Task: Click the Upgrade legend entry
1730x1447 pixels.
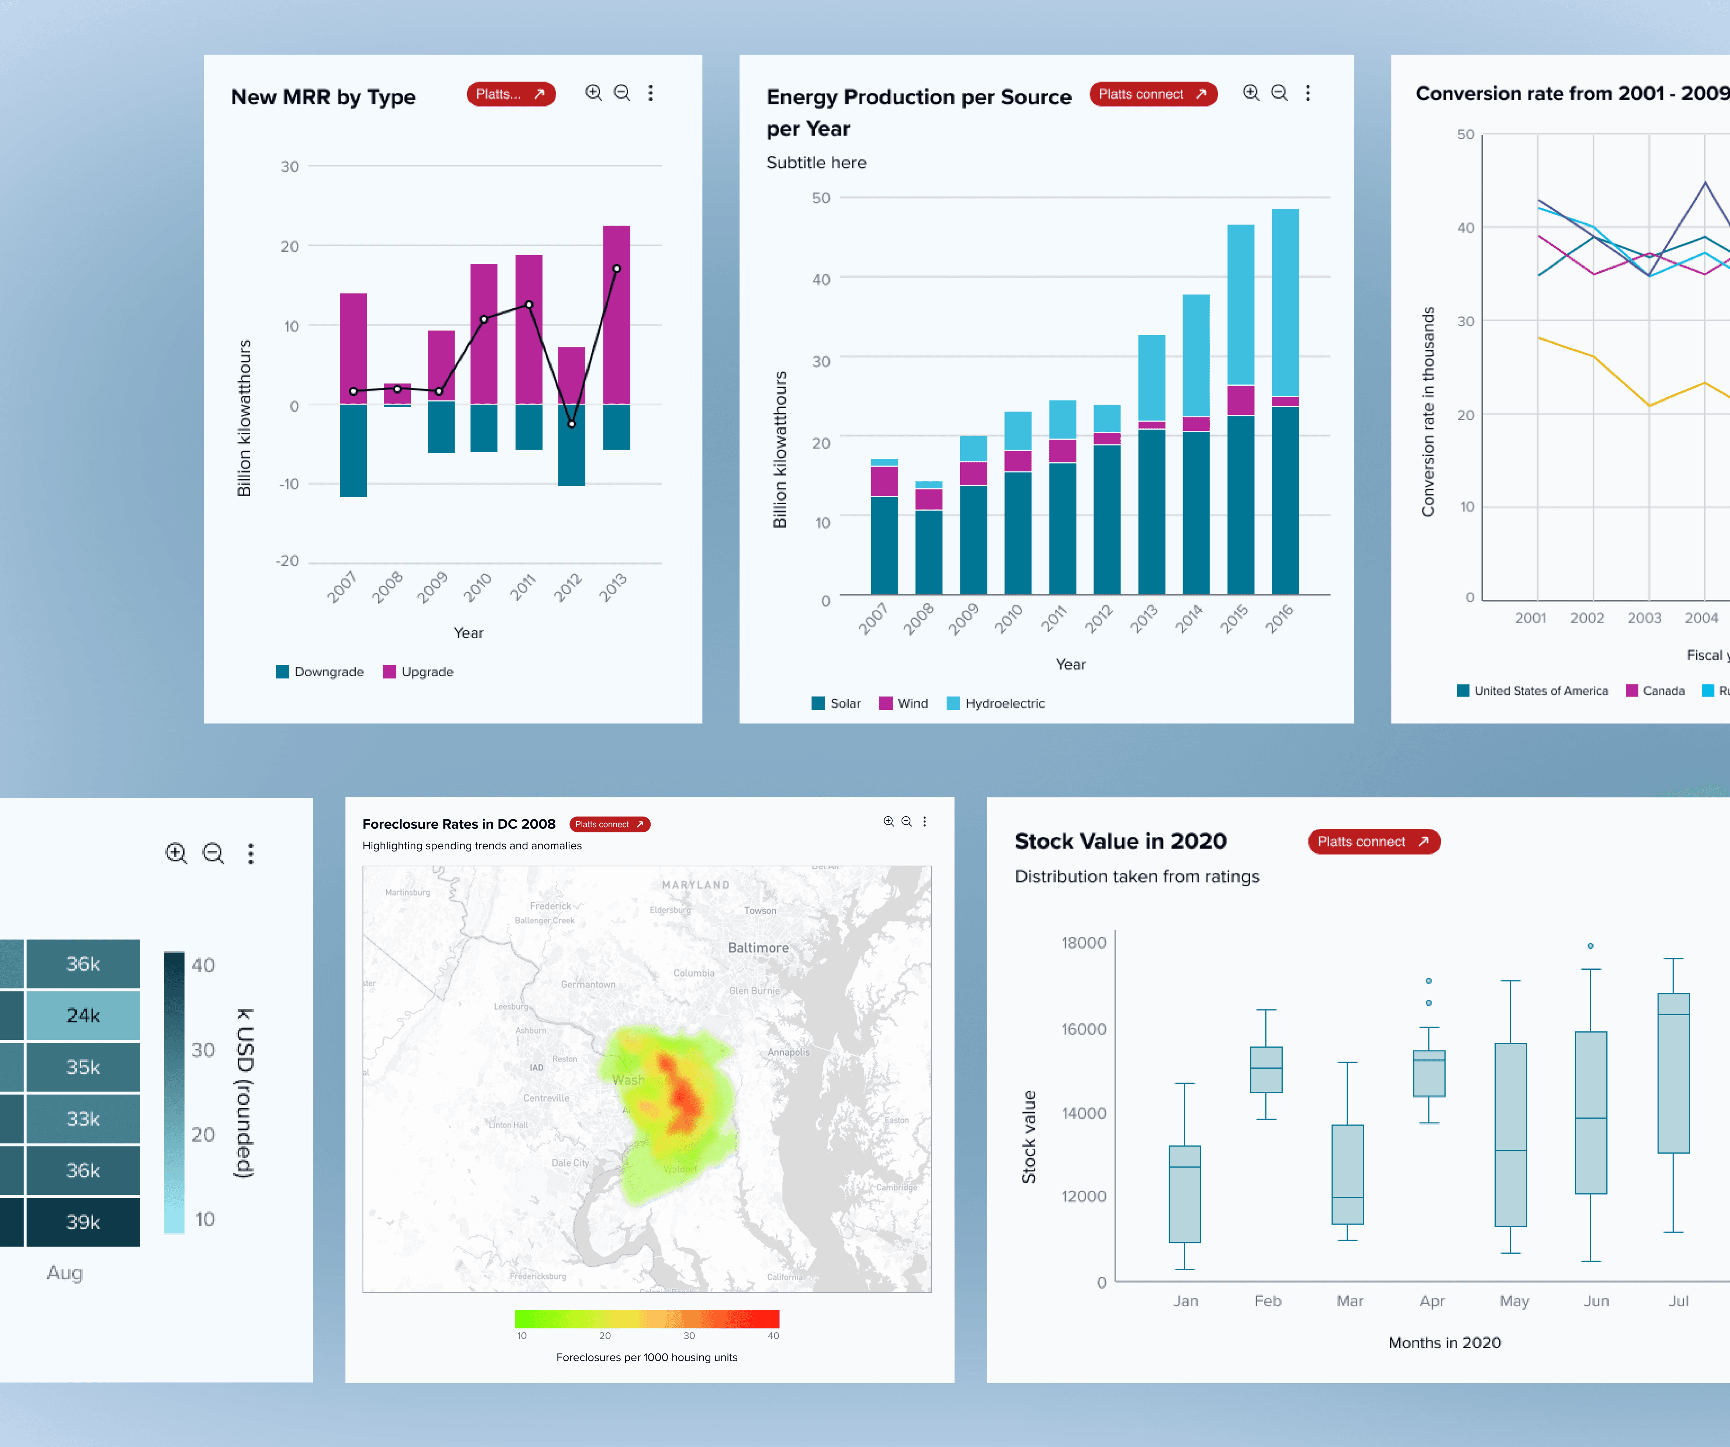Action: coord(418,671)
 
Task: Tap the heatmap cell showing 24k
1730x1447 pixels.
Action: coord(83,1015)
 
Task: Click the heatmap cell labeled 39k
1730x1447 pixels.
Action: coord(83,1222)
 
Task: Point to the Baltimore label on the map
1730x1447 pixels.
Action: coord(758,948)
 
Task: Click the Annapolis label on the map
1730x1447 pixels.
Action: coord(788,1052)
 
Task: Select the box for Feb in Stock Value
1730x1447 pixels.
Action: coord(1266,1070)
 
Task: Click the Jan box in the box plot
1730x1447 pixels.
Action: coord(1185,1194)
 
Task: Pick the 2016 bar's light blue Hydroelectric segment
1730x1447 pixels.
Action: coord(1285,302)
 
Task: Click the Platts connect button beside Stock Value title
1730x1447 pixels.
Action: coord(1373,841)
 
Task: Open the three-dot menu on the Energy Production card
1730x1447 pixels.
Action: coord(1307,93)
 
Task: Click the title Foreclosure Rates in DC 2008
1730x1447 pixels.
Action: coord(459,824)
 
